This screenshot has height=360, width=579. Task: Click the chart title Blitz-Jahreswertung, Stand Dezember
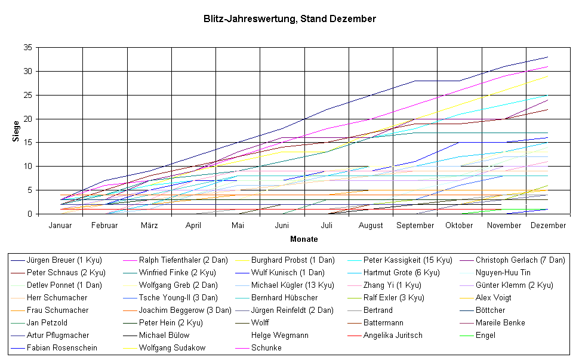[289, 19]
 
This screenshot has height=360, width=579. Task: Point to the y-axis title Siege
[16, 130]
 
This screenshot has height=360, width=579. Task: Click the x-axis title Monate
[304, 239]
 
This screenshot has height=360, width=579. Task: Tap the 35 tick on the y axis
[29, 47]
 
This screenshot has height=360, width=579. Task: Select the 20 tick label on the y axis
[29, 119]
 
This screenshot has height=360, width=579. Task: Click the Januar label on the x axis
[60, 226]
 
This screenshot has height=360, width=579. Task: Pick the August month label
[371, 226]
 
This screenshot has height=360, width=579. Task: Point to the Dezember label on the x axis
[548, 226]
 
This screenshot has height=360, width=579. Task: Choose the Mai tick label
[238, 226]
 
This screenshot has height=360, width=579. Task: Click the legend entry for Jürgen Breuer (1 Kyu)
[64, 260]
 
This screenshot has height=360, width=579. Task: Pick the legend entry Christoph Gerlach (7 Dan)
[520, 260]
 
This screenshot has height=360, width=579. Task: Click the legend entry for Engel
[486, 336]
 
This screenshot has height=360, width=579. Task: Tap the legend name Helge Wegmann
[280, 336]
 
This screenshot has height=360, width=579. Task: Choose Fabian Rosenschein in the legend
[62, 348]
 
